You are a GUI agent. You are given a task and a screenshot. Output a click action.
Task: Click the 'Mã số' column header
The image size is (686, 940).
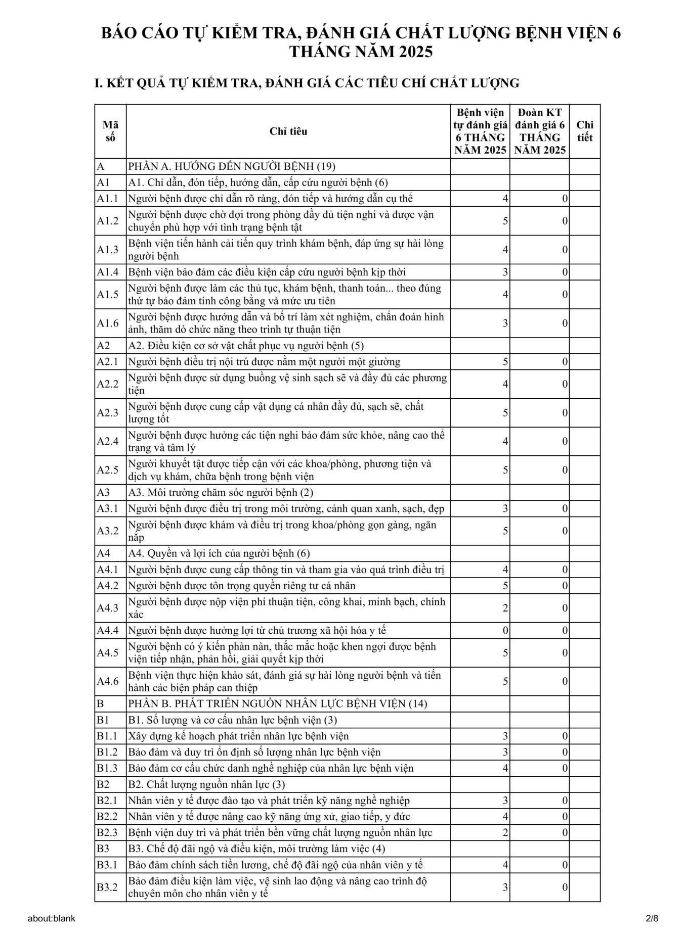[110, 131]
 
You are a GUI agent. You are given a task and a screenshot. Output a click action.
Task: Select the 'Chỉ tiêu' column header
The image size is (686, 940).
[288, 131]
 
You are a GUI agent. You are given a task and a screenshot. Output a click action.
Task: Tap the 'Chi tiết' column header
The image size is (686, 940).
[584, 131]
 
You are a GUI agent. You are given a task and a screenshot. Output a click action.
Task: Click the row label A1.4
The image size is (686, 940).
[108, 272]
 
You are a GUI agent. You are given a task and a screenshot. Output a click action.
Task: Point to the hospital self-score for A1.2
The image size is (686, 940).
[505, 221]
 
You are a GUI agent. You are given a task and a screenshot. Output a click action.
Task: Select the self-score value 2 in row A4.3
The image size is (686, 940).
[505, 608]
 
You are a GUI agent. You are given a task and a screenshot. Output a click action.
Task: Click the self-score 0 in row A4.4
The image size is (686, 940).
[505, 631]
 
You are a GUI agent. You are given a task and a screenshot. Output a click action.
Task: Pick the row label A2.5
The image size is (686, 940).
[108, 470]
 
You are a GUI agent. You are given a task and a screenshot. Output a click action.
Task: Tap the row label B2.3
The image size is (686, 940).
[107, 833]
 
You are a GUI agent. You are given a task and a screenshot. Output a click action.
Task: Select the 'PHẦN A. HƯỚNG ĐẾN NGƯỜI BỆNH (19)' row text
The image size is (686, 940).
[231, 167]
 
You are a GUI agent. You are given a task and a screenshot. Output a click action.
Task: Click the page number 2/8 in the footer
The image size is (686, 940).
[652, 918]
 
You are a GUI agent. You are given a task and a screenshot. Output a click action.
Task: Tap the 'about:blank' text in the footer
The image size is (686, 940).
[52, 918]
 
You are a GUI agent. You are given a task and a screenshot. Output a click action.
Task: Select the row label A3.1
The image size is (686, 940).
[107, 509]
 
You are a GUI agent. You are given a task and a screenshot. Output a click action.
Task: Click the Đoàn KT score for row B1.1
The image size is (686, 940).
[565, 736]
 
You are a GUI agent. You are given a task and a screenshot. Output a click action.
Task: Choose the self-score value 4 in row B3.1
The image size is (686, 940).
[505, 865]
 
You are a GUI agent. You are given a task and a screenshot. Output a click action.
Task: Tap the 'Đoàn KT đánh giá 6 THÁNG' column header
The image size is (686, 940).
[539, 131]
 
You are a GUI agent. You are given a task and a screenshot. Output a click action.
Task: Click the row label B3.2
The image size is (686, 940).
[107, 887]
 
